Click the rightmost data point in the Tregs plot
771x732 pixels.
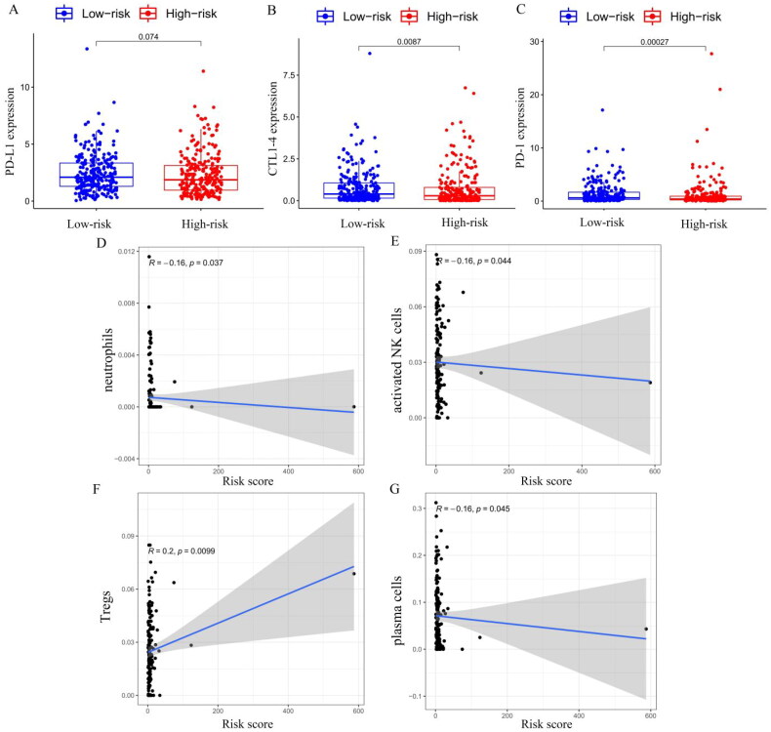354,574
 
